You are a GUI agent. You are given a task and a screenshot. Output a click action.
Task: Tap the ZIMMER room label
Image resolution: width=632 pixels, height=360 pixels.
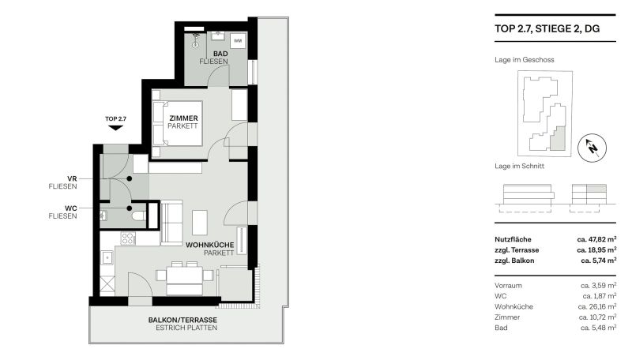[182, 118]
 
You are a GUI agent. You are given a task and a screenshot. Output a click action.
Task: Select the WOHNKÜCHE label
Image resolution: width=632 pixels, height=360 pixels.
[210, 246]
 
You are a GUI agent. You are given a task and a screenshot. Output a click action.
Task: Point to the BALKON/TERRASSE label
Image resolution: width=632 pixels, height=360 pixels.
[182, 320]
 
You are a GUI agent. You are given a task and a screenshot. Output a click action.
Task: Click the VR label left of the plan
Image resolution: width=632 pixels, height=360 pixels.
[71, 178]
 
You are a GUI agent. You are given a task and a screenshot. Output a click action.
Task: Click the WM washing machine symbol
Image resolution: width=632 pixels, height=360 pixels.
[238, 41]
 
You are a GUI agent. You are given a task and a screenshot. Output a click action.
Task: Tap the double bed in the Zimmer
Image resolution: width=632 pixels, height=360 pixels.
[177, 125]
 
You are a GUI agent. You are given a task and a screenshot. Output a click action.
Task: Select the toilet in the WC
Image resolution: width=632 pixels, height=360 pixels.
[138, 214]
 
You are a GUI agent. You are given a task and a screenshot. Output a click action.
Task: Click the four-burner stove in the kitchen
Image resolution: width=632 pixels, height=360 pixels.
[127, 238]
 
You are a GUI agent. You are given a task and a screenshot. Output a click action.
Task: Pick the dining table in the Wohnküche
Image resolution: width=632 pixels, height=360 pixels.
[184, 274]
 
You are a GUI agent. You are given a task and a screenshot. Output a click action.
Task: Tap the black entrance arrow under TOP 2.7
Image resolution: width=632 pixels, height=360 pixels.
[115, 128]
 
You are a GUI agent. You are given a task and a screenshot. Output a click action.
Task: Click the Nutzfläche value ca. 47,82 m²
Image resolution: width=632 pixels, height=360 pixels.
[596, 238]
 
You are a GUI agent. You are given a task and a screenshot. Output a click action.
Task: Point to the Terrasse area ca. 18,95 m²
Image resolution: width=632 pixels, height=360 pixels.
[596, 249]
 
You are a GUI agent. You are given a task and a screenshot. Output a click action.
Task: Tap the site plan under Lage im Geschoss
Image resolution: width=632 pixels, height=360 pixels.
[544, 112]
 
